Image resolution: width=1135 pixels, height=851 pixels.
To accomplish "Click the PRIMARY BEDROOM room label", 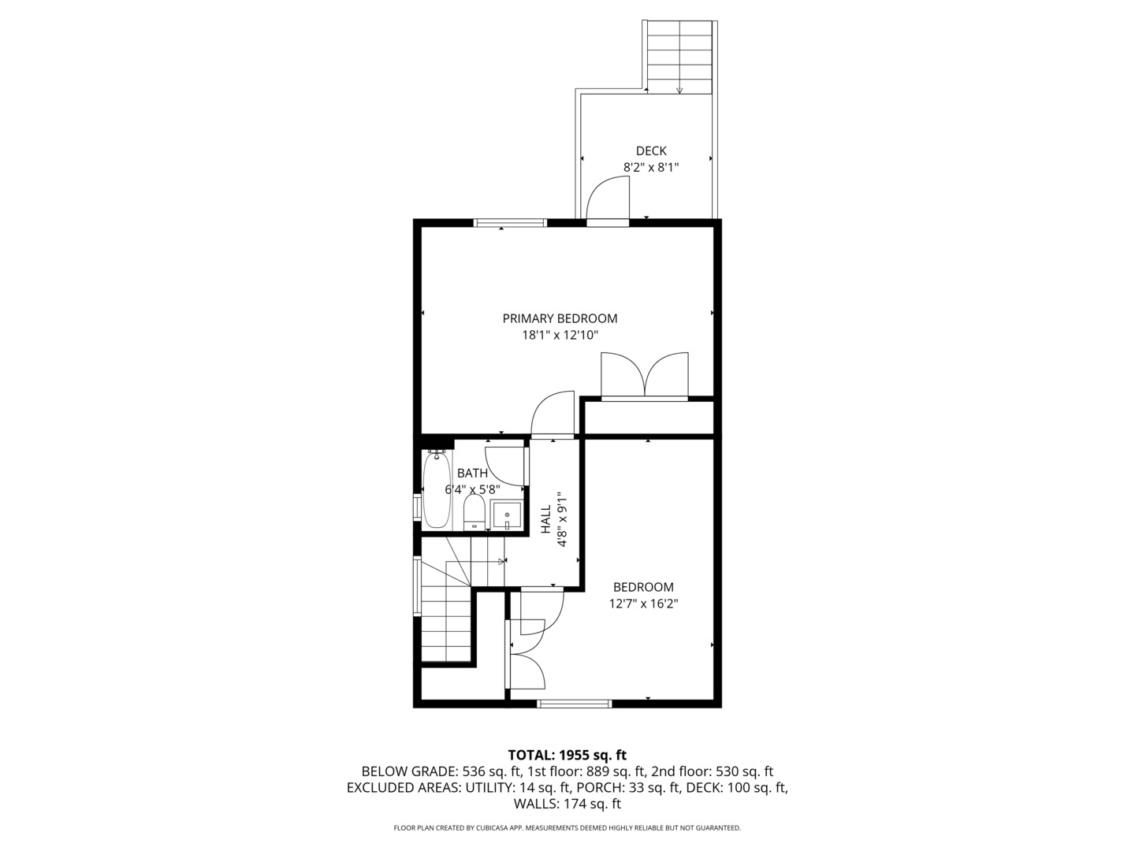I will coord(560,318).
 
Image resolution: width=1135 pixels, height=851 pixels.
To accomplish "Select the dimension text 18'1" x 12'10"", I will coord(560,335).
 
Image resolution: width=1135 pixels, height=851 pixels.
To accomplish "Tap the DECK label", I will coord(651,151).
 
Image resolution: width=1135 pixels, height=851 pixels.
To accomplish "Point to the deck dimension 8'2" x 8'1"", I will coord(651,167).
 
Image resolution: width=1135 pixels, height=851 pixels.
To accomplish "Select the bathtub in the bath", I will coord(437,489).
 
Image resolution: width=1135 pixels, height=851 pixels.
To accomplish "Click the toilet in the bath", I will coord(474,513).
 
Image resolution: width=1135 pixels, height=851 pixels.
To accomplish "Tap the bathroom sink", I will coord(507,515).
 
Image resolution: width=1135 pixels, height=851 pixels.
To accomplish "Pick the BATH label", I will coord(472,473).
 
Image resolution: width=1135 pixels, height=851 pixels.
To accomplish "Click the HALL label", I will coord(545,519).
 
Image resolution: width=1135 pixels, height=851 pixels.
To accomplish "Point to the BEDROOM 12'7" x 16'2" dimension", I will coord(643,604).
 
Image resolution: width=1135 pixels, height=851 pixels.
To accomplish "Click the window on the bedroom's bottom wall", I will coord(574,703).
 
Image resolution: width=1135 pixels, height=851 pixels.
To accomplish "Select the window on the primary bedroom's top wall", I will coord(510,223).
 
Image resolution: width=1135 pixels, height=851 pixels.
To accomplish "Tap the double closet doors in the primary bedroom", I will coord(645,376).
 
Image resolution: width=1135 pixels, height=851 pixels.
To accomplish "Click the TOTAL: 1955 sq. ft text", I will coord(567,755).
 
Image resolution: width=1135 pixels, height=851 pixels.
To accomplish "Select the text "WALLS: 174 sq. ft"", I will coord(567,804).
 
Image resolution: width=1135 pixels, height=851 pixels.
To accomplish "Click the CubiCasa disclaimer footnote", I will coord(567,828).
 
